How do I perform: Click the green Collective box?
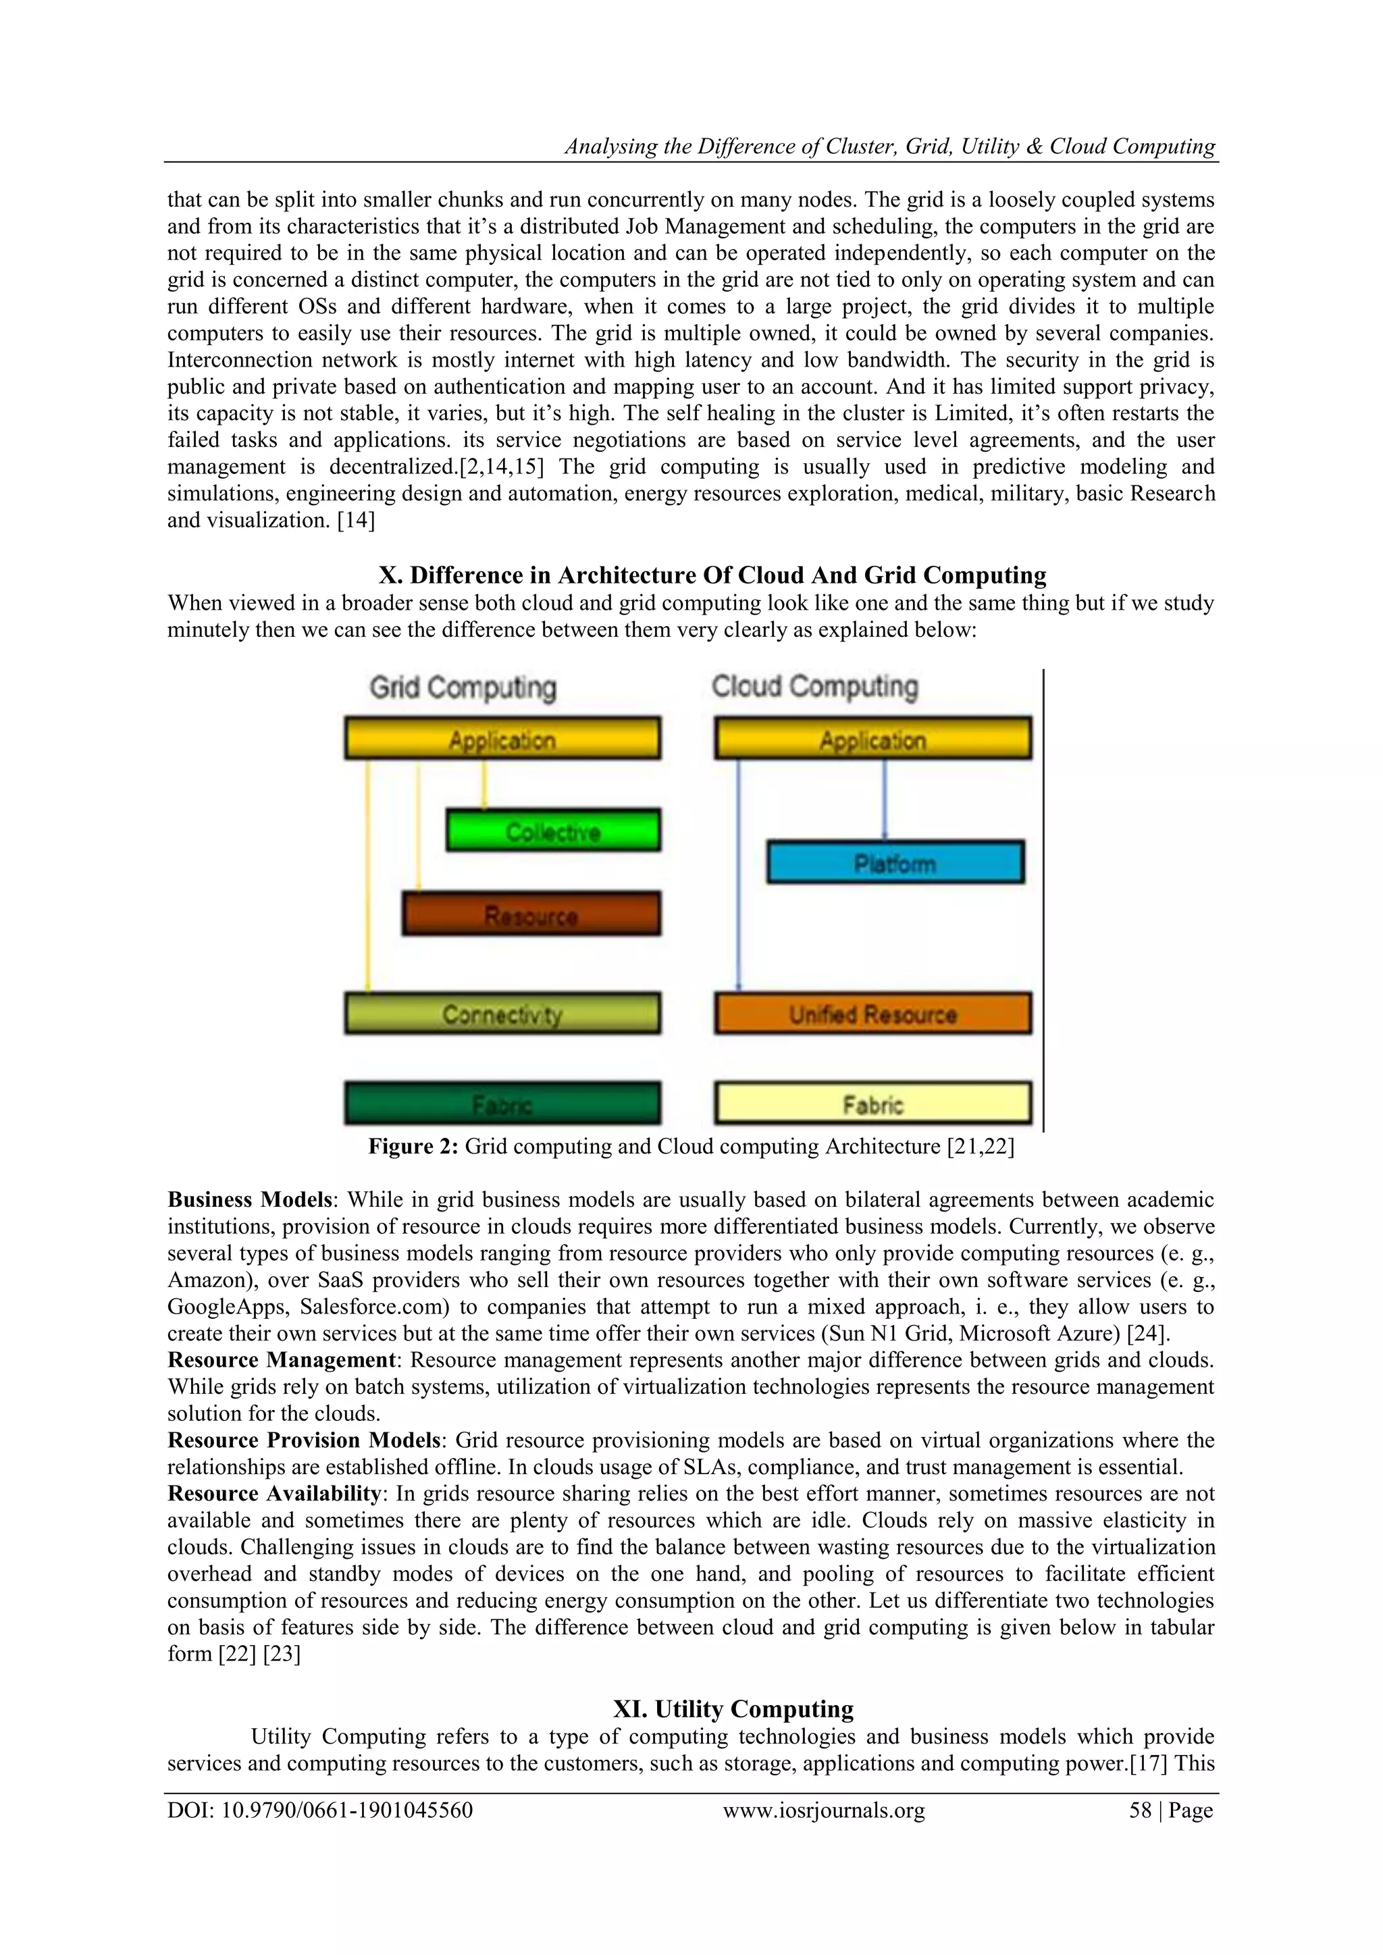tap(554, 830)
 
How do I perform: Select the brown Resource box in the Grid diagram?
tap(531, 914)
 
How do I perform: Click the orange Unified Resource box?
tap(873, 1013)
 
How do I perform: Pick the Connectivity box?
tap(502, 1013)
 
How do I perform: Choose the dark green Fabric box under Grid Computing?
tap(502, 1103)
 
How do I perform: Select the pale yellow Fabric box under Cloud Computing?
tap(873, 1103)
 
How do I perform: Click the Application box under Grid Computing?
tap(502, 738)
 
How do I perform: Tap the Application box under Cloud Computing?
tap(873, 738)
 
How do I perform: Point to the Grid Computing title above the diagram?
tap(463, 687)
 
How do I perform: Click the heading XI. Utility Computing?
tap(733, 1709)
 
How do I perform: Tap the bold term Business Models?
tap(249, 1200)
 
